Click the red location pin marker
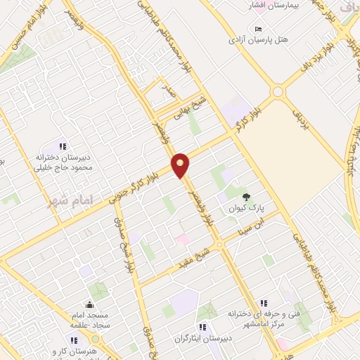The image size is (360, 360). [181, 165]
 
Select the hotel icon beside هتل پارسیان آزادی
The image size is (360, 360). [259, 29]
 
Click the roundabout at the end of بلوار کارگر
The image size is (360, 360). [278, 91]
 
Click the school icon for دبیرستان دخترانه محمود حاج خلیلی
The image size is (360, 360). [63, 146]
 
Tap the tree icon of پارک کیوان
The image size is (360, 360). [246, 196]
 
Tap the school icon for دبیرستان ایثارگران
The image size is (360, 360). [202, 327]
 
